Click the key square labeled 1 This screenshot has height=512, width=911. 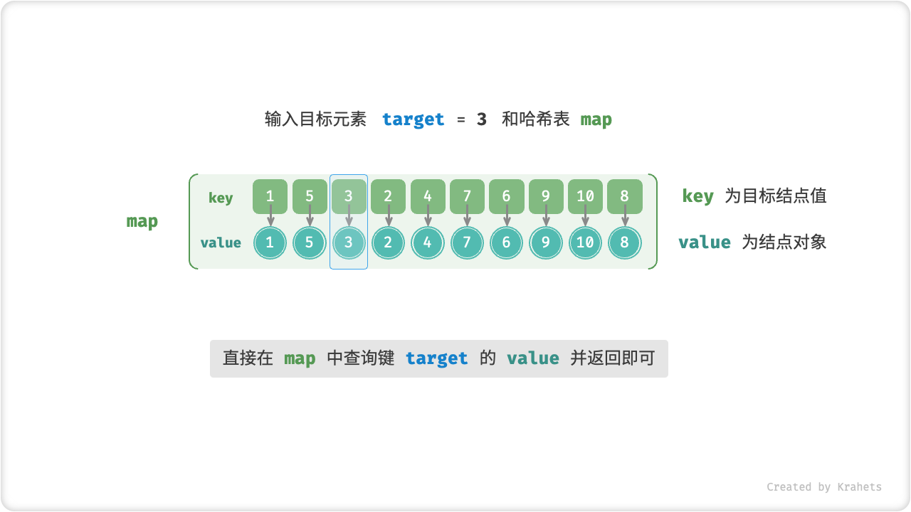tap(270, 196)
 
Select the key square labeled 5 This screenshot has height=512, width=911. tap(310, 196)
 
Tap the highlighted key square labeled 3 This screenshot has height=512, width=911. tap(349, 196)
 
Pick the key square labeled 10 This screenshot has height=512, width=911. tap(585, 196)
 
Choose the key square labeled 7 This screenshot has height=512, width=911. tap(467, 196)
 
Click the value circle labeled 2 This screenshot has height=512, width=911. tap(388, 243)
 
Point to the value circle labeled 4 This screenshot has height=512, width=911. tap(428, 243)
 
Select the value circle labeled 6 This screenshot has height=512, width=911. tap(506, 243)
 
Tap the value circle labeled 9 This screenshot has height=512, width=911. tap(546, 243)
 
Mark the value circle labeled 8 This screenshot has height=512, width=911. tap(624, 243)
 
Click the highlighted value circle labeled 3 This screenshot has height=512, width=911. tap(349, 243)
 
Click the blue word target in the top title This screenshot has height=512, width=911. tap(413, 119)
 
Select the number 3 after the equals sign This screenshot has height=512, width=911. tap(482, 119)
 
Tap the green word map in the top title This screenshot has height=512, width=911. tap(596, 119)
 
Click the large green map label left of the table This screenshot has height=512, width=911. tap(142, 221)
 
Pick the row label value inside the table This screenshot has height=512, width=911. tap(221, 243)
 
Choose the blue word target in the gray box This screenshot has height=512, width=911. tap(437, 358)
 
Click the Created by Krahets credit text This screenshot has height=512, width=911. tap(823, 487)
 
